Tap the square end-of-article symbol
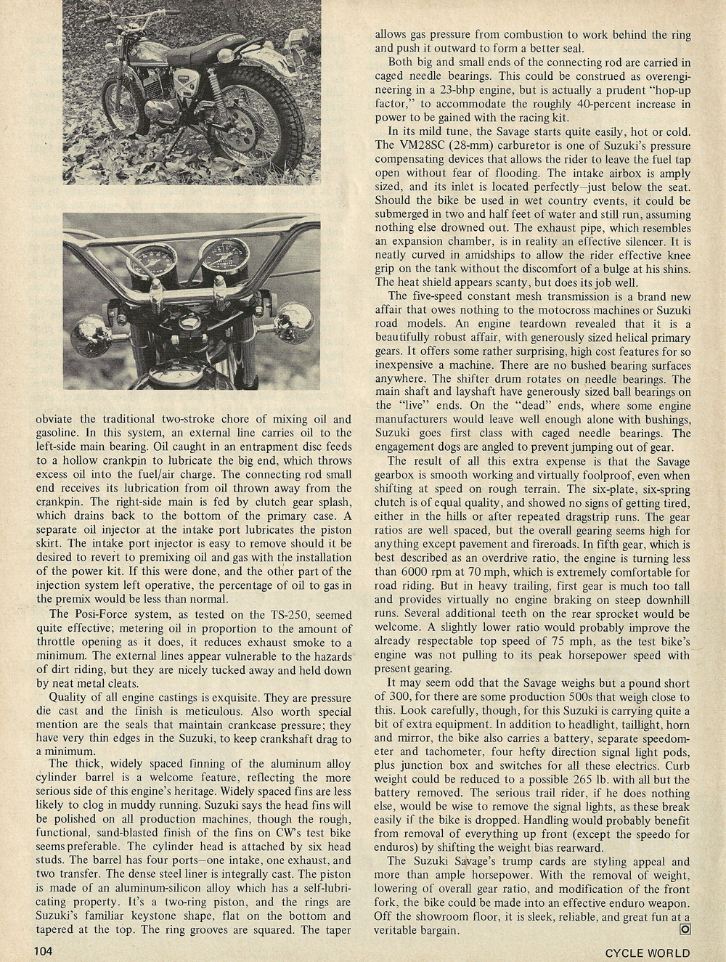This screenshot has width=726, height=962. pyautogui.click(x=683, y=930)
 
